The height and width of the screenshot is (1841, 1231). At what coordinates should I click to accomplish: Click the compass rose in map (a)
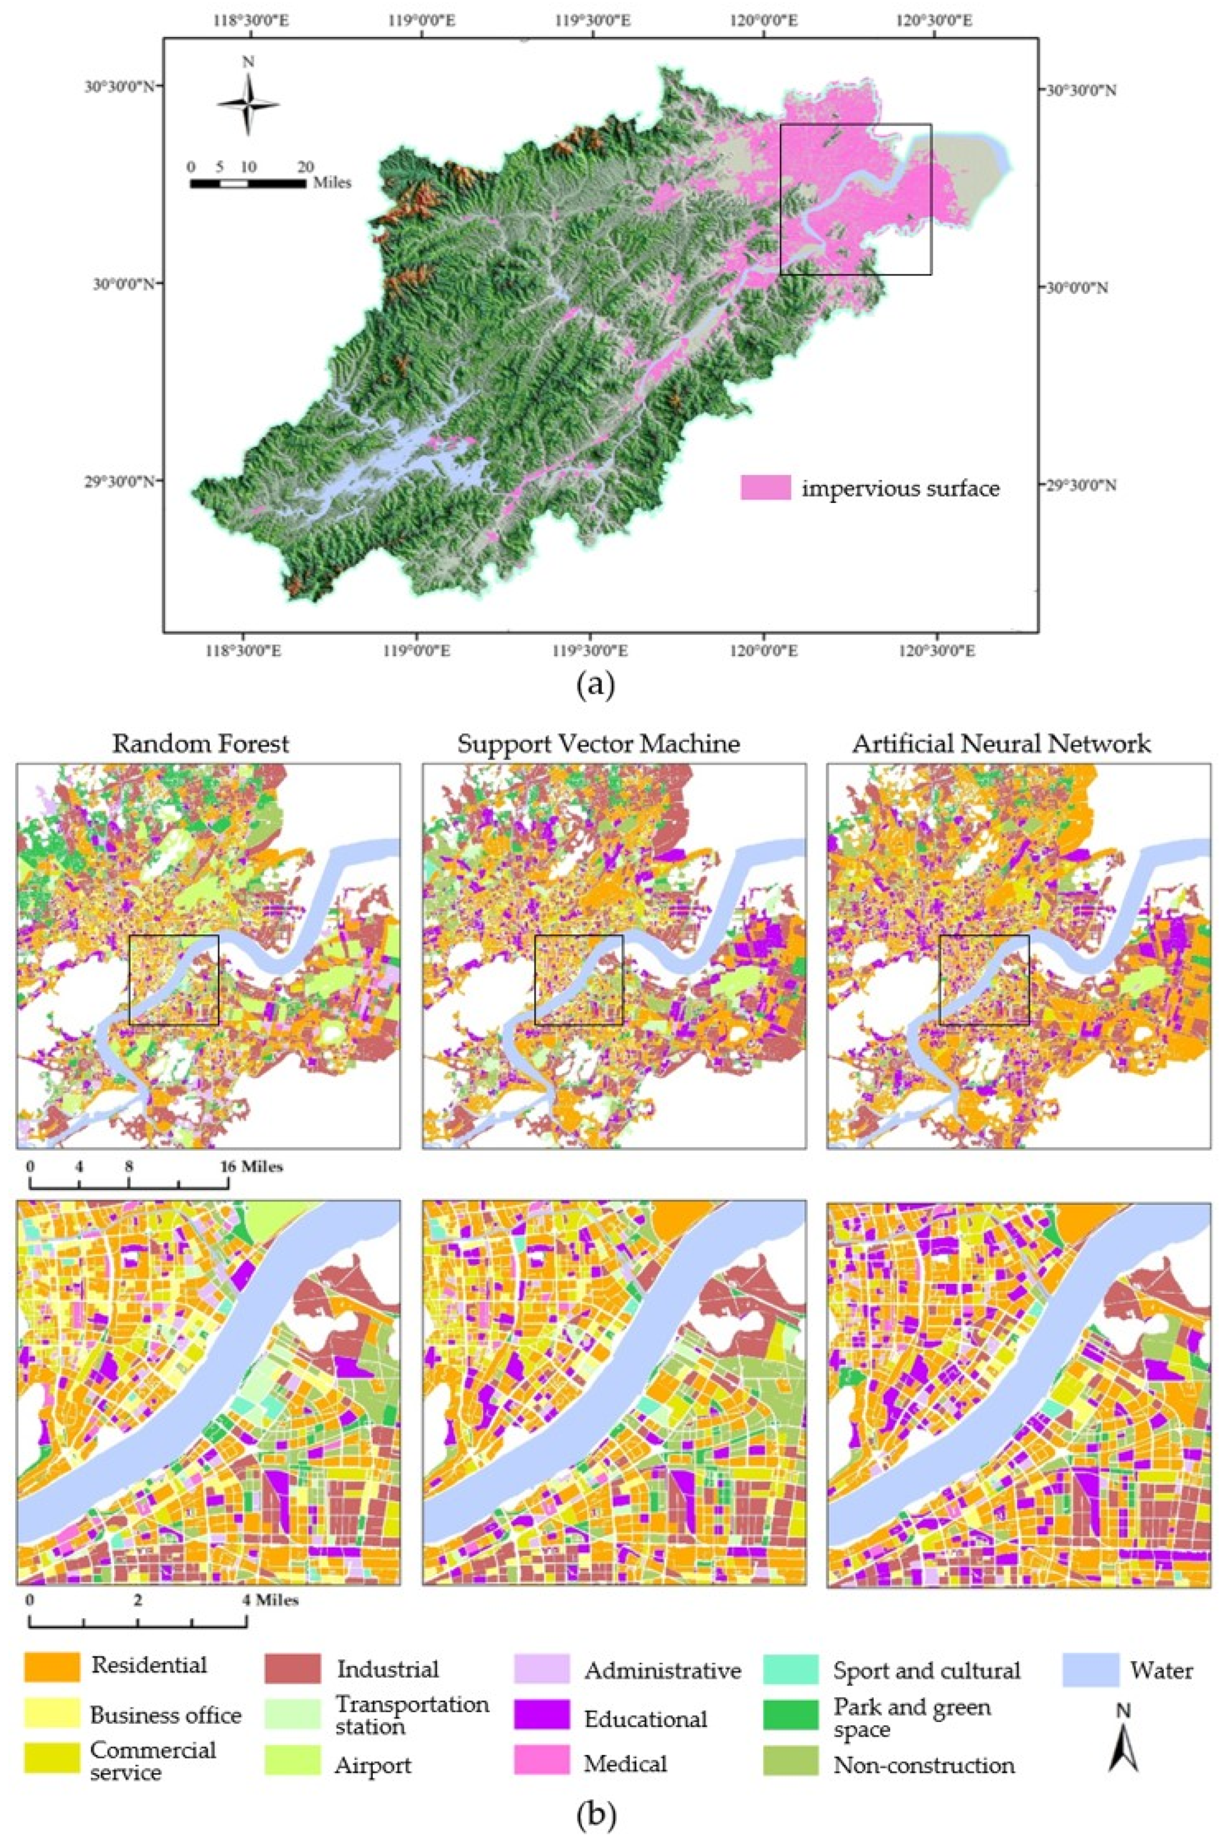pos(248,104)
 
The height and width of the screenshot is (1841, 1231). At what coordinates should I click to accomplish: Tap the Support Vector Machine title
pos(598,743)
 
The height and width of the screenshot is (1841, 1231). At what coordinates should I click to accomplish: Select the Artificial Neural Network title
pos(1002,743)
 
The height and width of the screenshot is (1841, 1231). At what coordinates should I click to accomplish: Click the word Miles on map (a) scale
pos(332,183)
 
